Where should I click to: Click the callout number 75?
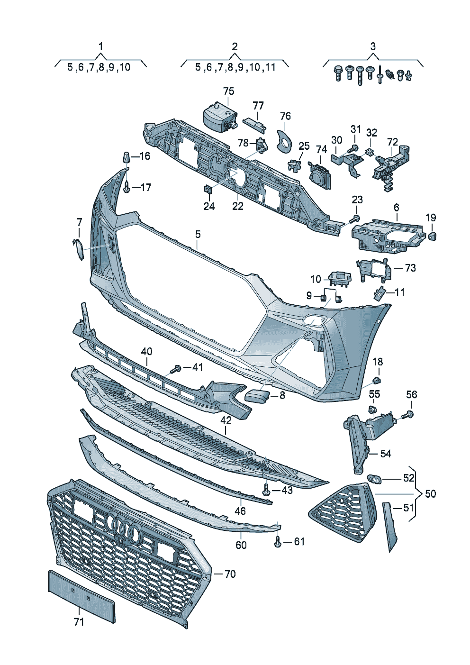pyautogui.click(x=229, y=91)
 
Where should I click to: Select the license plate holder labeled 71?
pyautogui.click(x=81, y=595)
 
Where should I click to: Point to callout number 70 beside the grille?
pyautogui.click(x=230, y=574)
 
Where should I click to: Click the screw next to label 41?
pyautogui.click(x=178, y=368)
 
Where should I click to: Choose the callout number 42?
pyautogui.click(x=226, y=420)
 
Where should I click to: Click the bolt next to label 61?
pyautogui.click(x=278, y=542)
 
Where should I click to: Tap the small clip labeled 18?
pyautogui.click(x=377, y=379)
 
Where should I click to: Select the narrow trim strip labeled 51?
pyautogui.click(x=390, y=526)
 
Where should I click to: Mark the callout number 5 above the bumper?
pyautogui.click(x=198, y=234)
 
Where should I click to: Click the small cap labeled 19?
pyautogui.click(x=432, y=236)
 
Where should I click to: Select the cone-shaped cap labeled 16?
pyautogui.click(x=126, y=157)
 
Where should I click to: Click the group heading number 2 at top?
pyautogui.click(x=235, y=46)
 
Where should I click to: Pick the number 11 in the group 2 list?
pyautogui.click(x=270, y=67)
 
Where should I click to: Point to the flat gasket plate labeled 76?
pyautogui.click(x=284, y=140)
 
